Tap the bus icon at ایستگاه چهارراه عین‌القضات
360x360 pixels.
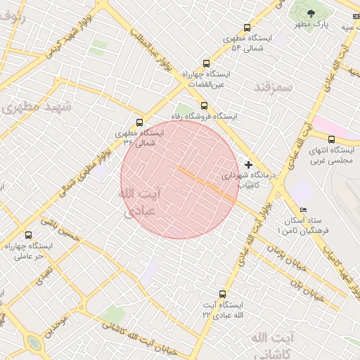point(205,63)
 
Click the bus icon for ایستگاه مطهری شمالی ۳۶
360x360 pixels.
point(139,122)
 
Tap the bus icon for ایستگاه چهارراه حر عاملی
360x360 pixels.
point(28,235)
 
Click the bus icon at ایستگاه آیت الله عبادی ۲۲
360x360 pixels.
point(222,294)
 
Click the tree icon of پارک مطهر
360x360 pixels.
point(311,12)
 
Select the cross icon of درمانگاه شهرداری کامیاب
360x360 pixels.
point(248,164)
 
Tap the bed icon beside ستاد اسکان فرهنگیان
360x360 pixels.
point(303,210)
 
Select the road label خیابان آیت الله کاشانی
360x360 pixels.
point(143,335)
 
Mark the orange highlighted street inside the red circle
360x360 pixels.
point(206,184)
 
